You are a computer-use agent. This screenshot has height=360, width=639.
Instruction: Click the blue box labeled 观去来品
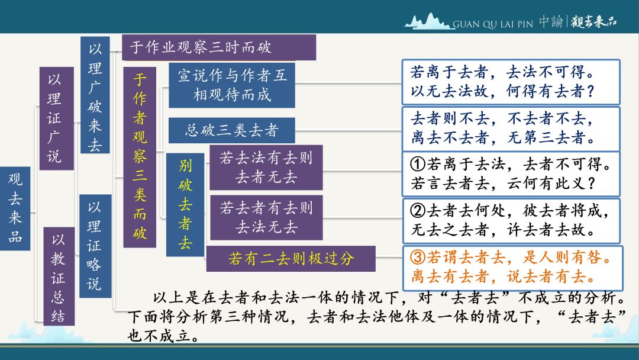click(x=15, y=208)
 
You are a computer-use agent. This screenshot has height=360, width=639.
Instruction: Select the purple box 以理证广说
click(x=57, y=118)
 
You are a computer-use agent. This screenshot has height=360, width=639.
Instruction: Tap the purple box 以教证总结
click(x=59, y=276)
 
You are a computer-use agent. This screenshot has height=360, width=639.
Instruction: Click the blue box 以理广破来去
click(x=95, y=95)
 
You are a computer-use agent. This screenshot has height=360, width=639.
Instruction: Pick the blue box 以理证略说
click(x=95, y=246)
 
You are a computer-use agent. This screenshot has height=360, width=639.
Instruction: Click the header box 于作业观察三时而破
click(x=219, y=47)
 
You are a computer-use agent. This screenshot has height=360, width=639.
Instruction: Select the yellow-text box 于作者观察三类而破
click(x=140, y=157)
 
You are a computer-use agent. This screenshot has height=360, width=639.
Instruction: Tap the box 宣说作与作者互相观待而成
click(x=232, y=85)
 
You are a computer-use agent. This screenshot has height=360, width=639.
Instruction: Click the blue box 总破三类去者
click(x=232, y=130)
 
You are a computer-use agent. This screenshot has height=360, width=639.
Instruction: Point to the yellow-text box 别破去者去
click(x=185, y=205)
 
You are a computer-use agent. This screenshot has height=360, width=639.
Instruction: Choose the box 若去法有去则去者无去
click(x=266, y=168)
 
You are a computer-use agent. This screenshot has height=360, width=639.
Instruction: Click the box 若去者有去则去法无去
click(x=266, y=218)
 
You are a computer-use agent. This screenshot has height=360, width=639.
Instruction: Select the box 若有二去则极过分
click(x=291, y=259)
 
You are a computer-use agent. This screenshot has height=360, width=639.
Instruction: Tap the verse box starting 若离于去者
click(x=511, y=82)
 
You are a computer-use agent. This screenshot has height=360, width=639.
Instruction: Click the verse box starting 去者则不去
click(x=511, y=128)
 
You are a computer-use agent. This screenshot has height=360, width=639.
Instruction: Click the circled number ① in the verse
click(x=418, y=164)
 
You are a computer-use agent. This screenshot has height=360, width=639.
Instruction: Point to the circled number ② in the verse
click(x=418, y=211)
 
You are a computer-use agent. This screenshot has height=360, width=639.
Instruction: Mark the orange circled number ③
click(x=418, y=257)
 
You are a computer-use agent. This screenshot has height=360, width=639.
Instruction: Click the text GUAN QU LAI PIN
click(x=493, y=24)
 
